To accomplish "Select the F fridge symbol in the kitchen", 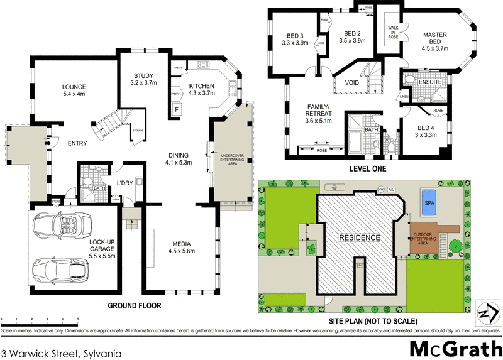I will pos(177,110).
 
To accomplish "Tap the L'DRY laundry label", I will pos(123,183).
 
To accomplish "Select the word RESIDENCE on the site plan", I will pos(360,237).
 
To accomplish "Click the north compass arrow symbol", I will pos(484,312).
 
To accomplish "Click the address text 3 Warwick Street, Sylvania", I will pos(61,353).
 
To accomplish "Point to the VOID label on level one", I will pos(352,82).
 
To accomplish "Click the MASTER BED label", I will pos(434,41).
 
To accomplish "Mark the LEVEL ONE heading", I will pos(367,169).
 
